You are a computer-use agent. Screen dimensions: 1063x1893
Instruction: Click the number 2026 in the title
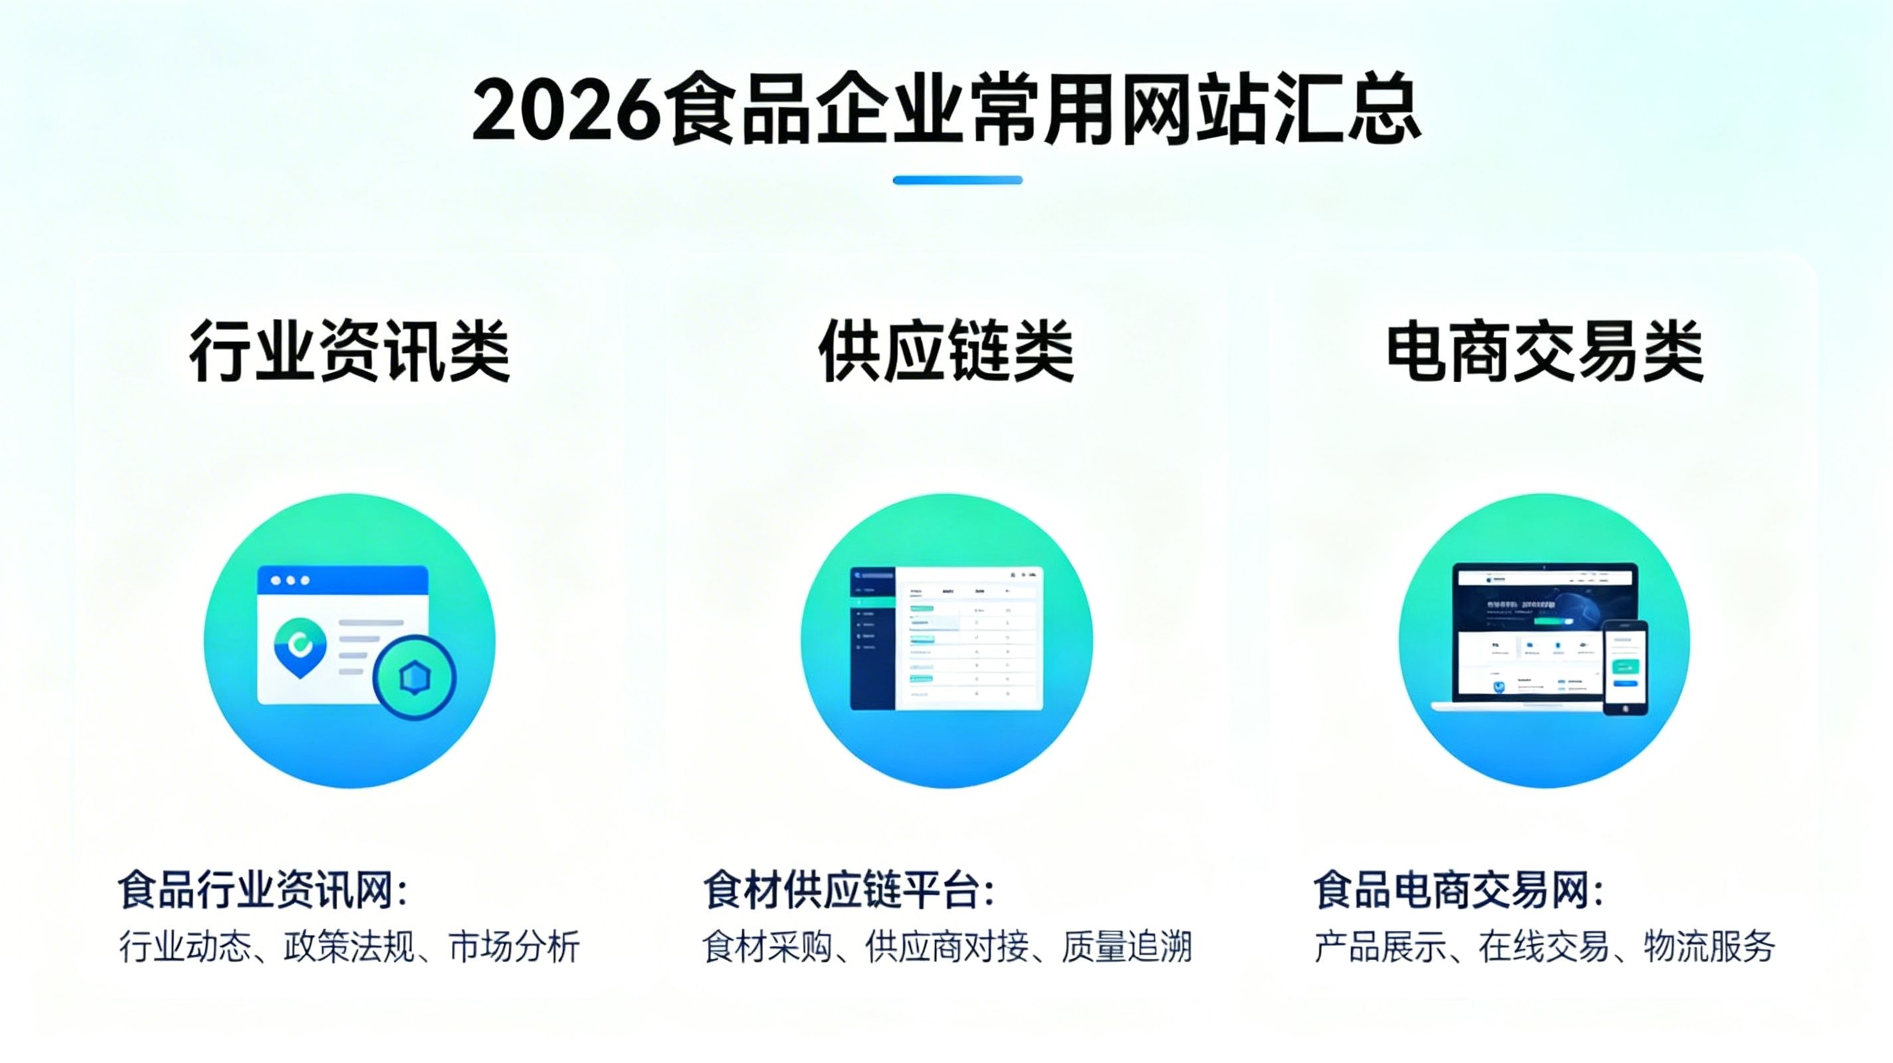(x=566, y=110)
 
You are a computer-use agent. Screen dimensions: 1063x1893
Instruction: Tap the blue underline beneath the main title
(x=958, y=180)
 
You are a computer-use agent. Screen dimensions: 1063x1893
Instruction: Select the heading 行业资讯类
(x=349, y=351)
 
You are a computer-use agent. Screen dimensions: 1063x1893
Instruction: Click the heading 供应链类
(x=946, y=351)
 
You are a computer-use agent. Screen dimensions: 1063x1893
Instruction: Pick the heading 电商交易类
(x=1545, y=351)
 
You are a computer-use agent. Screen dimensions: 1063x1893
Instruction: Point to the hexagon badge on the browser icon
(x=415, y=677)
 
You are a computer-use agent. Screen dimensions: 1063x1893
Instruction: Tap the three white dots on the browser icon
(x=290, y=581)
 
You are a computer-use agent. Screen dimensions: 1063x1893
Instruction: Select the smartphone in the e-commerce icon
(x=1624, y=667)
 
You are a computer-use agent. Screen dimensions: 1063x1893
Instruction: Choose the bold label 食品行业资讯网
(x=262, y=890)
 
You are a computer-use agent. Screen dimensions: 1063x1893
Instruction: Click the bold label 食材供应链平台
(x=849, y=890)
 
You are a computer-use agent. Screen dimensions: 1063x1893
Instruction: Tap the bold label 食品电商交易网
(x=1459, y=890)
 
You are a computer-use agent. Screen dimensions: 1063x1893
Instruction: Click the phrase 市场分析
(x=514, y=946)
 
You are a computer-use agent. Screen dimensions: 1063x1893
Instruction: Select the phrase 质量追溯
(x=1126, y=946)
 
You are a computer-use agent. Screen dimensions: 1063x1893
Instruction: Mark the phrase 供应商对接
(x=946, y=946)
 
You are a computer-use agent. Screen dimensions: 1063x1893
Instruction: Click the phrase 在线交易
(x=1544, y=946)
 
